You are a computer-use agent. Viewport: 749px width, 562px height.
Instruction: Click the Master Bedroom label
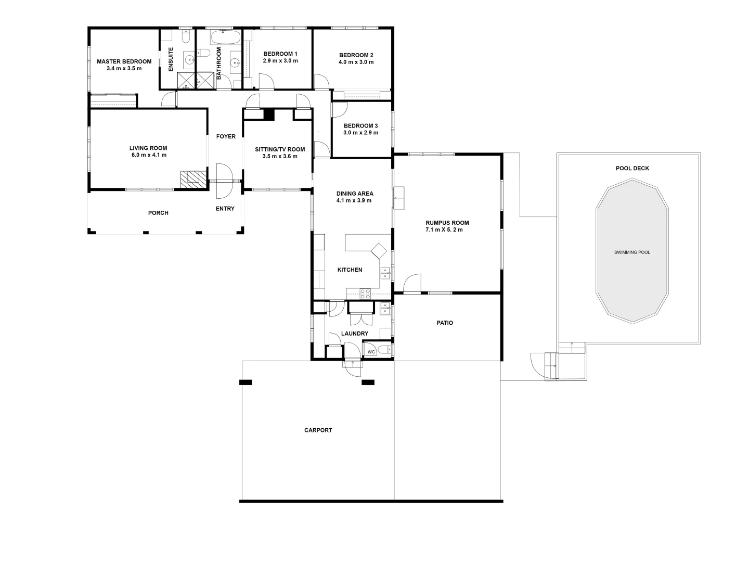coord(124,61)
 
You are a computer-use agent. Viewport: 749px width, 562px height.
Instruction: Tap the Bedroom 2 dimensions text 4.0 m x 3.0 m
coord(356,62)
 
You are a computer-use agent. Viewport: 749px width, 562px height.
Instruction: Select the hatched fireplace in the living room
coord(193,179)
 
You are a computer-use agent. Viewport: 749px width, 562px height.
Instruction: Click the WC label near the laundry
coord(371,352)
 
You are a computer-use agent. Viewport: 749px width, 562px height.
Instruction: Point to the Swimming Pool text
coord(632,252)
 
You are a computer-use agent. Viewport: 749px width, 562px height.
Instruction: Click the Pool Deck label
coord(632,169)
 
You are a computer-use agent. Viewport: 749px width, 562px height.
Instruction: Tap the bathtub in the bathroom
coord(225,37)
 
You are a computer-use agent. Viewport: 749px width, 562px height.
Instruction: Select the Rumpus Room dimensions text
coord(447,229)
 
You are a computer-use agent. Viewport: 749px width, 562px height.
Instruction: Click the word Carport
coord(318,430)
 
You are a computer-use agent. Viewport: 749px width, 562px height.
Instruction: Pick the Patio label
coord(444,323)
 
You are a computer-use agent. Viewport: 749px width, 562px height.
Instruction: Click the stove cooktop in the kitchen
coord(365,293)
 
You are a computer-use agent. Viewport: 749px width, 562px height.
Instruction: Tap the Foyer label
coord(226,137)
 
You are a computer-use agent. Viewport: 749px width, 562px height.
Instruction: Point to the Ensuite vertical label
coord(171,60)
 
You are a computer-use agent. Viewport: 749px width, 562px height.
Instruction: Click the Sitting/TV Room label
coord(280,150)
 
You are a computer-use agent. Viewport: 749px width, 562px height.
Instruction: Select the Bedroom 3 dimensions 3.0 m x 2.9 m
coord(360,133)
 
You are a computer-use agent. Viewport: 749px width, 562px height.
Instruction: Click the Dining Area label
coord(355,194)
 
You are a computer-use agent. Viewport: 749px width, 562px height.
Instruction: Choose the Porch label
coord(158,213)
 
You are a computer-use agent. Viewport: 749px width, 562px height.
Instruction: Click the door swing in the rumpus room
coord(412,284)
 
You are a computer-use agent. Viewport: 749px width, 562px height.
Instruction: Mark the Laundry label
coord(355,334)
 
